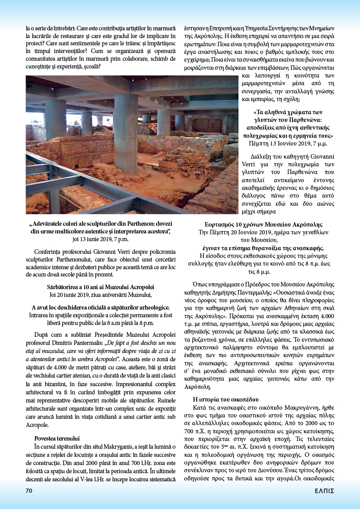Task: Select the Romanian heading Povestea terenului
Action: coord(57,438)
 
